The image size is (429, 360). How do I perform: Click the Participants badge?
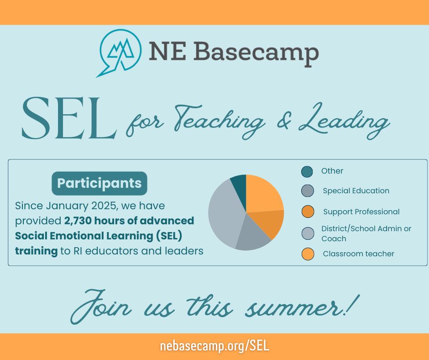click(x=99, y=183)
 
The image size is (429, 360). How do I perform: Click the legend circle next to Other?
click(x=307, y=171)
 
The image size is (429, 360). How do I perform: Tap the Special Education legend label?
click(x=356, y=191)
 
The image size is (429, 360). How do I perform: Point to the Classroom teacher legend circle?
click(x=308, y=254)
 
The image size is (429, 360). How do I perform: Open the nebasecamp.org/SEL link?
click(x=214, y=346)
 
